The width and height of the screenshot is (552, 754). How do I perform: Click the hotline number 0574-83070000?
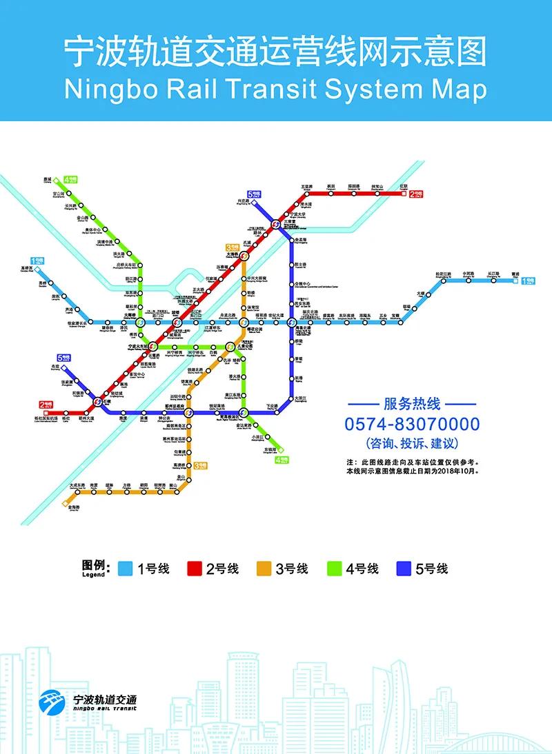click(x=412, y=424)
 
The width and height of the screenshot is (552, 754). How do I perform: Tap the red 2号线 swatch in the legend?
click(x=194, y=569)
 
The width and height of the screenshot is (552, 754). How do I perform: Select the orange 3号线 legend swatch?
click(x=263, y=569)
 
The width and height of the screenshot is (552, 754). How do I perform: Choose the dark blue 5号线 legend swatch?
click(x=404, y=569)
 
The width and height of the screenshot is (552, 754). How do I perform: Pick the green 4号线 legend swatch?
click(x=334, y=569)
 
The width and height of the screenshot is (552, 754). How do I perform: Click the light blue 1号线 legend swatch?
click(x=125, y=569)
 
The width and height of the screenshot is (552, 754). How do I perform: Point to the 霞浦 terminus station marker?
click(x=516, y=280)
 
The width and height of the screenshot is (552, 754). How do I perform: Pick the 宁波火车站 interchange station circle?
click(x=153, y=345)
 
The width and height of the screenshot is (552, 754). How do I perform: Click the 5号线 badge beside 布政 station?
click(x=64, y=358)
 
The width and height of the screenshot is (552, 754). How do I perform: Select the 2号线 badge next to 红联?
click(x=417, y=195)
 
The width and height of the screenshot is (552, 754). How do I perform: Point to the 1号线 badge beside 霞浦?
click(x=528, y=281)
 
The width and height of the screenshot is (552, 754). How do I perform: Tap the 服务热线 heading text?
click(x=412, y=404)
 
